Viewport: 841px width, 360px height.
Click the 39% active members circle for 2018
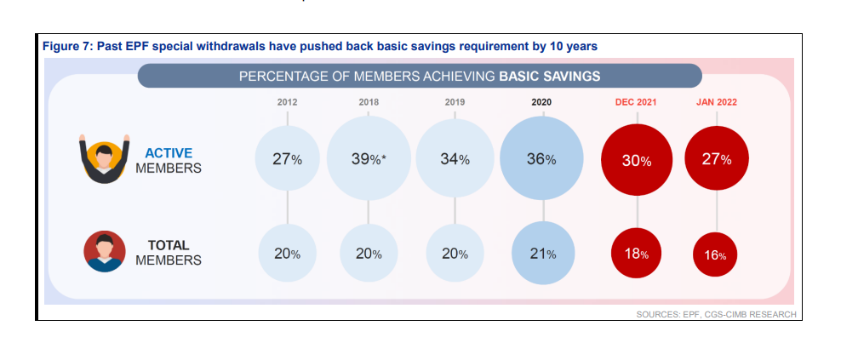(369, 159)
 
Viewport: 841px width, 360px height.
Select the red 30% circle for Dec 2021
(637, 160)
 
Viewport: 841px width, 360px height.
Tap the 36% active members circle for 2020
(541, 159)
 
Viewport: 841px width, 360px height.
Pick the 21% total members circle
(543, 254)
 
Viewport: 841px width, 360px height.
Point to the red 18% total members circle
(637, 254)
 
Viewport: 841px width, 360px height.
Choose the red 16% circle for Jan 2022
(716, 254)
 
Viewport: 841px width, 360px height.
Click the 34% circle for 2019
(455, 159)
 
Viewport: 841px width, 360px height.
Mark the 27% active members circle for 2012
(288, 159)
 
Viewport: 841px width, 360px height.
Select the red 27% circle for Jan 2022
(717, 159)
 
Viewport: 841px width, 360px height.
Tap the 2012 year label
(288, 102)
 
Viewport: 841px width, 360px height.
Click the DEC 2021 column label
(637, 102)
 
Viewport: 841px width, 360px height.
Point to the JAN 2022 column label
(717, 102)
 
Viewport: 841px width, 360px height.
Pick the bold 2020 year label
(541, 102)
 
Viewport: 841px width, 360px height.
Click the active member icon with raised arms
(105, 159)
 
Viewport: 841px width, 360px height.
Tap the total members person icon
(106, 252)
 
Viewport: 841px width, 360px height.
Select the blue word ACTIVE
(169, 153)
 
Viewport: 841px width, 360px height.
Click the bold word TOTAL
(169, 246)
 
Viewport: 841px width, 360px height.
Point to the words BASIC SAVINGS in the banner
(550, 76)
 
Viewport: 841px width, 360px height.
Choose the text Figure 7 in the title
(66, 46)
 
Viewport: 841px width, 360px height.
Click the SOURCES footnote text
(716, 314)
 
